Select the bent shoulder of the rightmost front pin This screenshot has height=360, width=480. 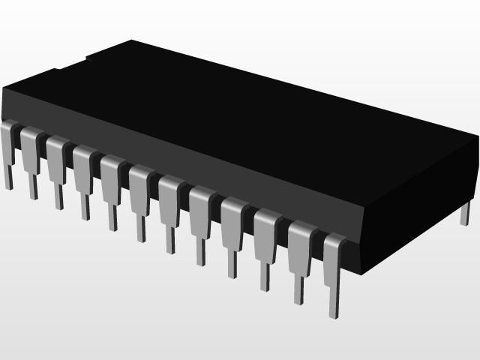[x=334, y=241]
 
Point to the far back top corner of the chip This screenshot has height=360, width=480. [x=132, y=40]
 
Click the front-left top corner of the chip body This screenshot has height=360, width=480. [x=4, y=89]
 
